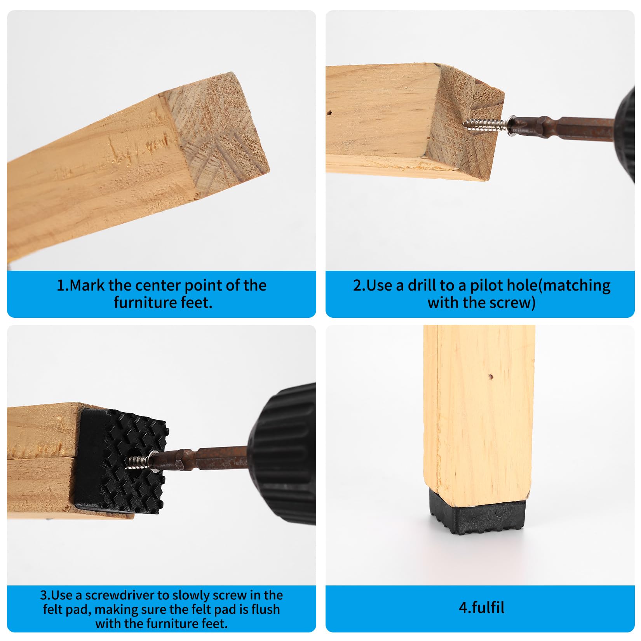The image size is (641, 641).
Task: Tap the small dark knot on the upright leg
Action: tap(491, 376)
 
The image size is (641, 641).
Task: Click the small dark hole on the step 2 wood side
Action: tap(329, 113)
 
